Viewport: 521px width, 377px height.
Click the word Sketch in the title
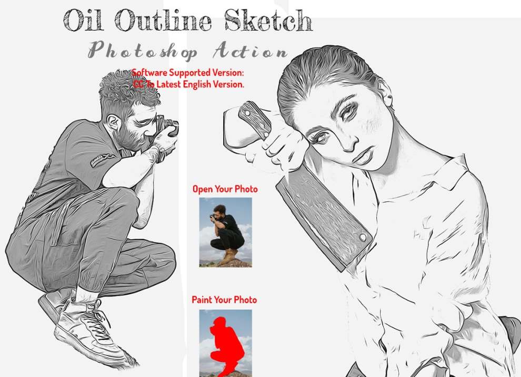click(268, 21)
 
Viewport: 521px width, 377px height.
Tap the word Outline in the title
click(163, 21)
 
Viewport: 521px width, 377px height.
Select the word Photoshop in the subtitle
click(143, 51)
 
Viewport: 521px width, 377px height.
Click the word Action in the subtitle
click(250, 51)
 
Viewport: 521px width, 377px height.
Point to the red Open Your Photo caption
click(225, 189)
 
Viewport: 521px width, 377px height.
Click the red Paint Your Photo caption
click(224, 299)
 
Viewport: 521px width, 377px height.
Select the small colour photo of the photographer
click(226, 232)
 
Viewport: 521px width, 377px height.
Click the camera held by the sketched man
click(167, 129)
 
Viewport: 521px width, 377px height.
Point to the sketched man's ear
click(114, 122)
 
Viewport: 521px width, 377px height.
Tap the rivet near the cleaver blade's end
click(363, 237)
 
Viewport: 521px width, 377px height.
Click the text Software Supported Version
click(188, 72)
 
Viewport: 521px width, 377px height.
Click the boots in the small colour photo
click(229, 257)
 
